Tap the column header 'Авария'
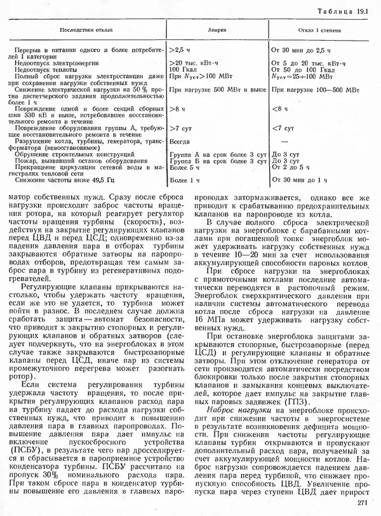216,29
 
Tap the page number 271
363,503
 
